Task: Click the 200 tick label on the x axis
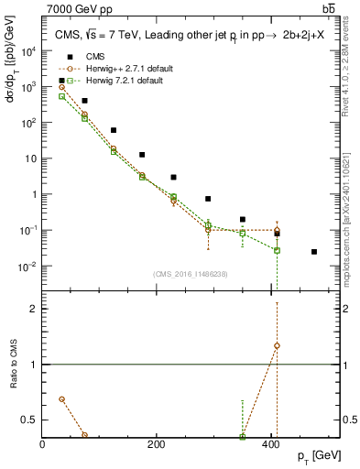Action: tap(157, 444)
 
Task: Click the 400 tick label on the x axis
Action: tap(270, 444)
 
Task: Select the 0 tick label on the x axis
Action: tap(43, 444)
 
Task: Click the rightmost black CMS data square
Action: tap(314, 252)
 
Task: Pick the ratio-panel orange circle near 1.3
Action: tap(277, 345)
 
